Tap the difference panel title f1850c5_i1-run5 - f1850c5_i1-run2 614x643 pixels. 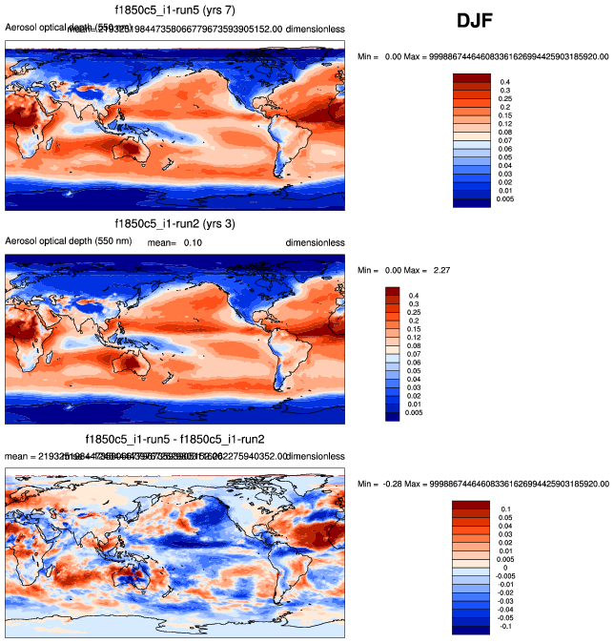174,439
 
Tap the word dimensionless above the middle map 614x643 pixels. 315,243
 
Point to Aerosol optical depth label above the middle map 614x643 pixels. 61,241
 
